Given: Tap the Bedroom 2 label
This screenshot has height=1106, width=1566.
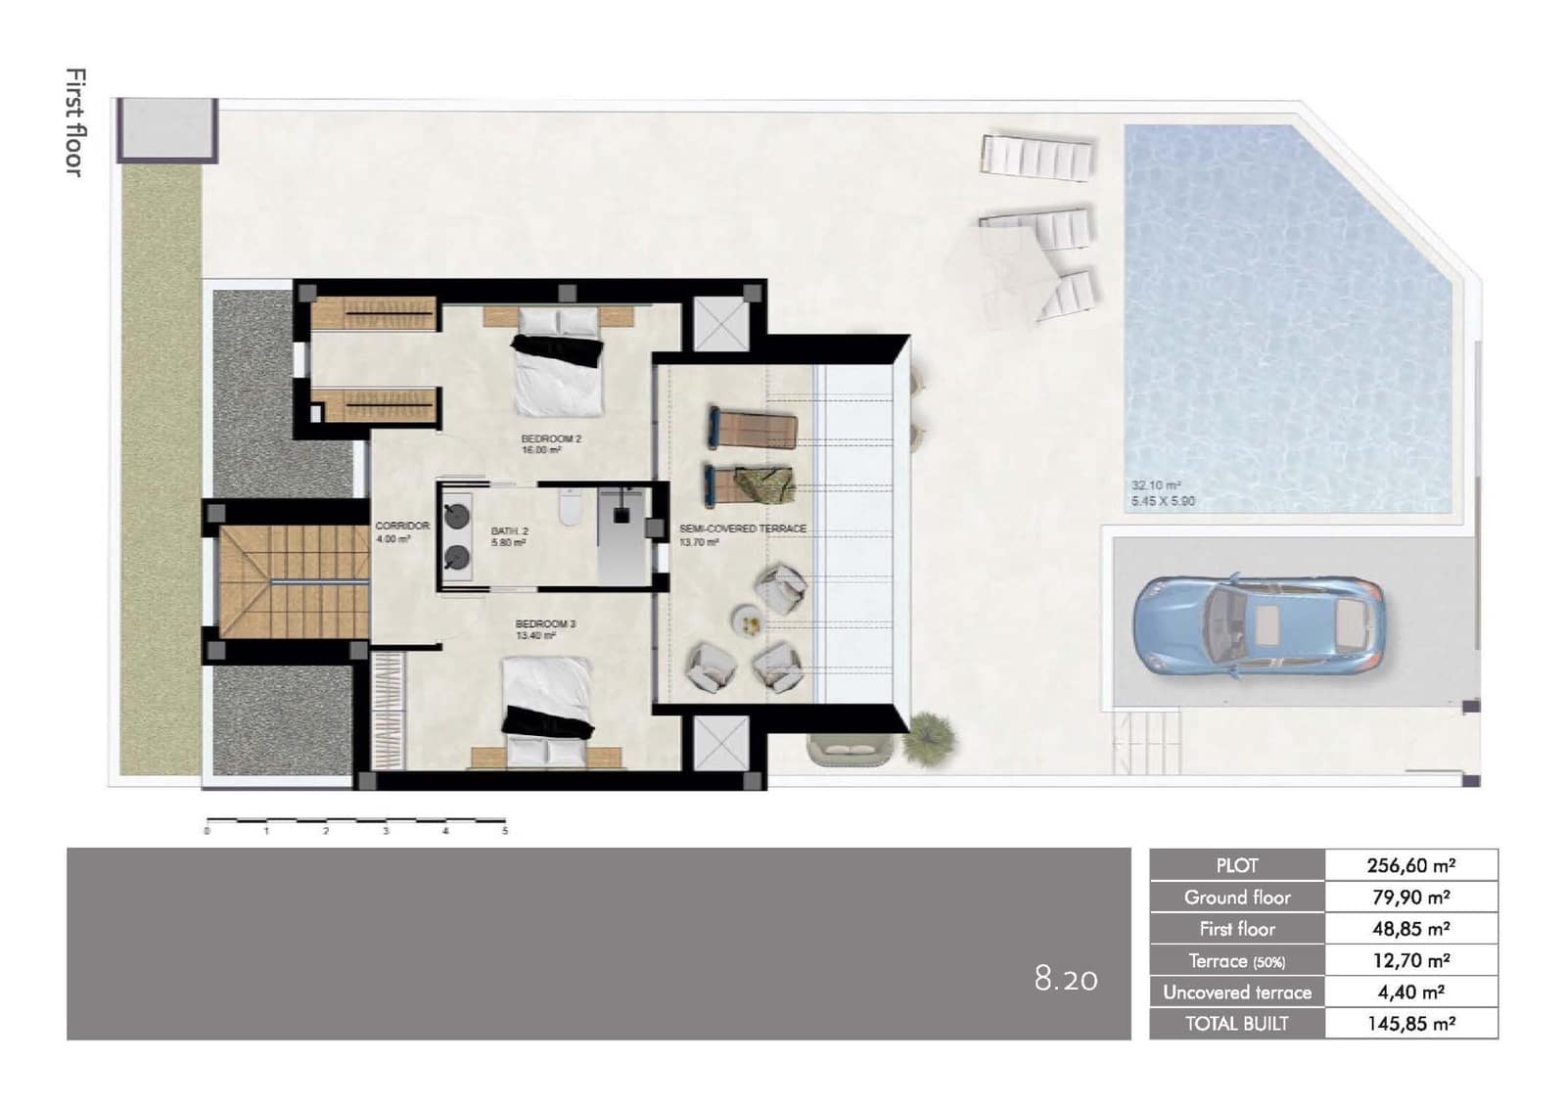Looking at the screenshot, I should (551, 444).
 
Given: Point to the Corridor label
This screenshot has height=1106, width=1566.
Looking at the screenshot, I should (401, 531).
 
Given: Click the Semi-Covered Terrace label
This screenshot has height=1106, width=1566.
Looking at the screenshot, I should (742, 533).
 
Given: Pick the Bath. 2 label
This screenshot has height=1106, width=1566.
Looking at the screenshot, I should (509, 536).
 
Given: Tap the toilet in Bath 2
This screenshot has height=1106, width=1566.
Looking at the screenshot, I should (570, 510).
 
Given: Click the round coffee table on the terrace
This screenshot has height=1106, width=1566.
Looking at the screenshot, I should (747, 619).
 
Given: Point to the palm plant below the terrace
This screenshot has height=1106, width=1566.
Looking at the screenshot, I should (927, 739).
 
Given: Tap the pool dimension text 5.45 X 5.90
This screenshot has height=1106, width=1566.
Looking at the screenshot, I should (1163, 501).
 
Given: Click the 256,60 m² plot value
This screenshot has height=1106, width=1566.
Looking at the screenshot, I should (1410, 865).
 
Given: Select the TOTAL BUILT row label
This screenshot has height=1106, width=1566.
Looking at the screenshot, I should (1237, 1024).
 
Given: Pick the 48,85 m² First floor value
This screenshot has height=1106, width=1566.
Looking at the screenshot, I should (1410, 929).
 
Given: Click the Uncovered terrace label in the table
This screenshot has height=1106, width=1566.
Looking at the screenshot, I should (1237, 992).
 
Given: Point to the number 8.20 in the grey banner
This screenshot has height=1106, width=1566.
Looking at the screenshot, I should (1066, 979).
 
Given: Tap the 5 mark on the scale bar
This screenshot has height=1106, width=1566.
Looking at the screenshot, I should (505, 831).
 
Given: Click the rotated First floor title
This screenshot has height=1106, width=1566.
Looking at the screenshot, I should (74, 122).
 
